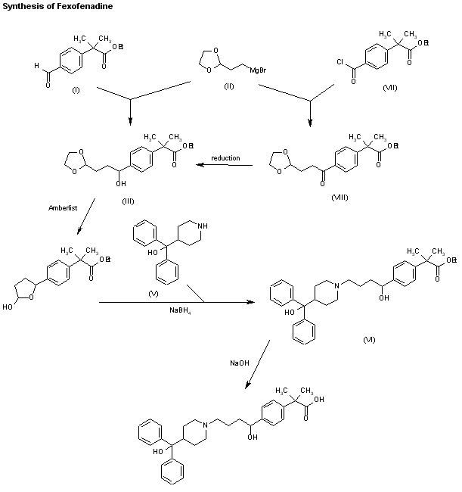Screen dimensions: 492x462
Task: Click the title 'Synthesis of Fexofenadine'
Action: pyautogui.click(x=49, y=5)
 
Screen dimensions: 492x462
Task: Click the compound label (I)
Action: pyautogui.click(x=76, y=89)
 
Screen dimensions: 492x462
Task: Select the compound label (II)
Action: pyautogui.click(x=229, y=86)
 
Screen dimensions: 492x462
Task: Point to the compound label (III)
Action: pyautogui.click(x=128, y=200)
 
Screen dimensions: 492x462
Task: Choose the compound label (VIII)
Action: pyautogui.click(x=341, y=196)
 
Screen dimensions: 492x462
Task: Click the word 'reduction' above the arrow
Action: pyautogui.click(x=225, y=157)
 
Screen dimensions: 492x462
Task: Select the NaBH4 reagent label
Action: pyautogui.click(x=179, y=310)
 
